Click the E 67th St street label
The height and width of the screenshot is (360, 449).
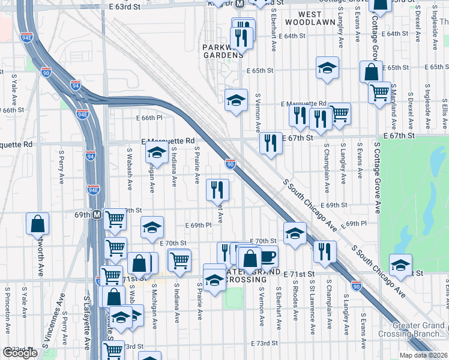pyautogui.click(x=298, y=137)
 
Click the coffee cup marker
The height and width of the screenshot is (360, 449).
pyautogui.click(x=268, y=256)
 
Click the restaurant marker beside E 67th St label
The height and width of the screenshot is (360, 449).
pyautogui.click(x=271, y=143)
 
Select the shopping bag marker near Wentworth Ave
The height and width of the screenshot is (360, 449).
pyautogui.click(x=38, y=224)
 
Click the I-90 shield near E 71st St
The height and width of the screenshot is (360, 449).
pyautogui.click(x=357, y=286)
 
